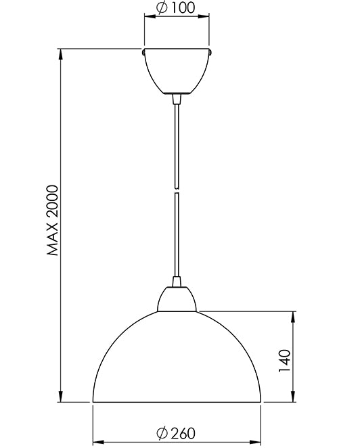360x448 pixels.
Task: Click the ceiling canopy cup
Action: [x=177, y=70]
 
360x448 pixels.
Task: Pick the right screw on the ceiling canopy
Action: [x=212, y=50]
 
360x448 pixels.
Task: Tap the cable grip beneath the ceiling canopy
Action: [x=177, y=99]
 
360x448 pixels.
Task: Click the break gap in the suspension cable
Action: [x=177, y=190]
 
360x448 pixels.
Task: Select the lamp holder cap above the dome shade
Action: [x=177, y=298]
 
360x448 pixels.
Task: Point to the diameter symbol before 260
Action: [x=161, y=433]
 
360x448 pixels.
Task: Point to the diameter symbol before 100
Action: [x=161, y=9]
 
